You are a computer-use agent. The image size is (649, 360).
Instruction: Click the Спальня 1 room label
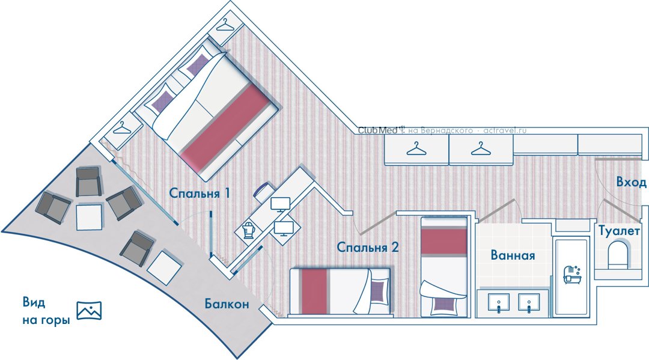pyautogui.click(x=199, y=194)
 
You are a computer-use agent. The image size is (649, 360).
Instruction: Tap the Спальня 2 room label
pyautogui.click(x=368, y=247)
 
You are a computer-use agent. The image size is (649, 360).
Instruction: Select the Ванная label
pyautogui.click(x=513, y=255)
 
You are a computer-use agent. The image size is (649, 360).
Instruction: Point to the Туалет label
pyautogui.click(x=619, y=231)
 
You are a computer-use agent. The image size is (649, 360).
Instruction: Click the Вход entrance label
pyautogui.click(x=631, y=182)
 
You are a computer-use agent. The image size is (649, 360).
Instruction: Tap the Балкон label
pyautogui.click(x=227, y=304)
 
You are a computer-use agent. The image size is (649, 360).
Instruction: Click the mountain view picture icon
pyautogui.click(x=89, y=310)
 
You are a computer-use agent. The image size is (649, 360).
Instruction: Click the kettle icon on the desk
pyautogui.click(x=248, y=230)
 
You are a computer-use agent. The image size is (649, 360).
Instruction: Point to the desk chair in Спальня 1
pyautogui.click(x=264, y=191)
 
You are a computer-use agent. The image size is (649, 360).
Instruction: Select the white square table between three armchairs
pyautogui.click(x=89, y=217)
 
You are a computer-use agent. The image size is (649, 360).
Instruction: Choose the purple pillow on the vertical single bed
pyautogui.click(x=443, y=307)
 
